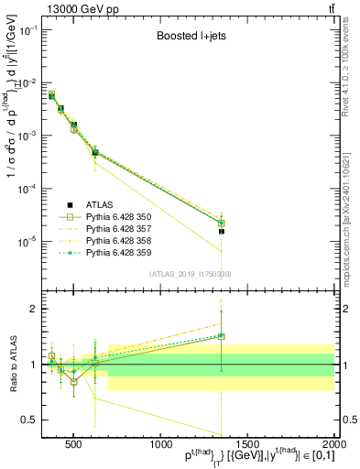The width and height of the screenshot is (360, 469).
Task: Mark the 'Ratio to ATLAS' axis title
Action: pos(12,365)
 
